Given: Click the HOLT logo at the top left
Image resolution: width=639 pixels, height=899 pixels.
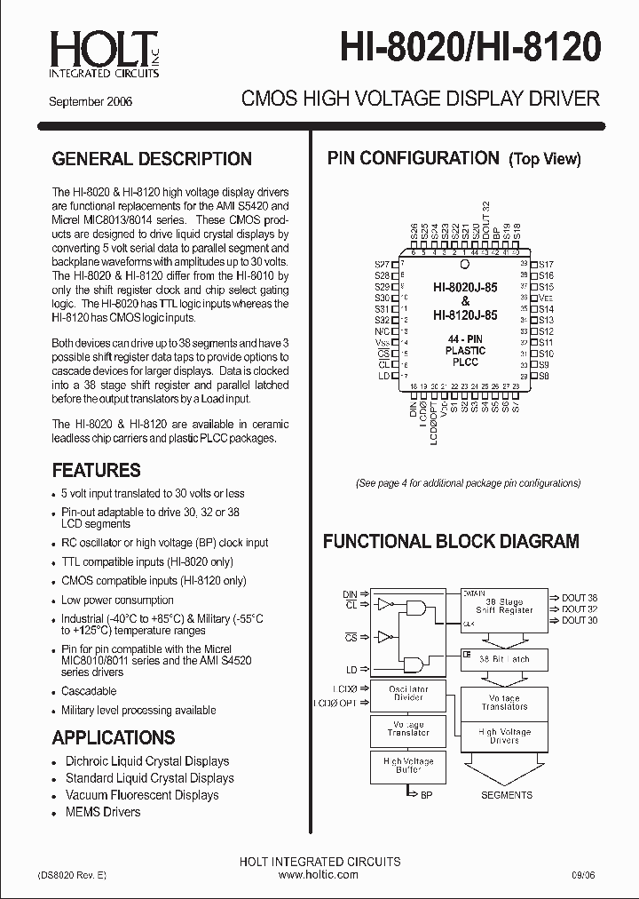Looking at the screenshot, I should (x=105, y=53).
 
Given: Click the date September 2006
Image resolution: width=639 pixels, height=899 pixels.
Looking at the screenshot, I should (x=91, y=101).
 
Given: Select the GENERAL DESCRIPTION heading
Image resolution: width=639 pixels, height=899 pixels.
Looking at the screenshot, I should (x=152, y=159).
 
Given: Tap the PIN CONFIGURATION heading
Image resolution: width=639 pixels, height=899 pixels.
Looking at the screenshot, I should (x=413, y=158).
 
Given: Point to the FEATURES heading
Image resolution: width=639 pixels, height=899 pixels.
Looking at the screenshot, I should (x=96, y=470).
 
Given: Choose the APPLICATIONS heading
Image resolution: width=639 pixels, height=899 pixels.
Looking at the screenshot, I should (x=113, y=737).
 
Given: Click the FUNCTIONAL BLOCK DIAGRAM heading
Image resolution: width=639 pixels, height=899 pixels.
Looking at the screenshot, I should (x=451, y=541).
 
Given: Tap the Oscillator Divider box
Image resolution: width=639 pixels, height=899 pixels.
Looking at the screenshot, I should (x=408, y=693).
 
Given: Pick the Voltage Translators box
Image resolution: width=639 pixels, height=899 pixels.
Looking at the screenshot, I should (x=503, y=702).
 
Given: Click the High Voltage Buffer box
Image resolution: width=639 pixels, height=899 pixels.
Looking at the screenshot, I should (x=408, y=766).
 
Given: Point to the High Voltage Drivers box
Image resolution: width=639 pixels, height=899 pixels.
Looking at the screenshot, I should (x=503, y=736).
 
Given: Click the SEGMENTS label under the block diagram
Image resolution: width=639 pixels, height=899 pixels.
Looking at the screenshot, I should (x=507, y=795).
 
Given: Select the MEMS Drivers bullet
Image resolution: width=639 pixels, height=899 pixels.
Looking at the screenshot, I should (x=102, y=812).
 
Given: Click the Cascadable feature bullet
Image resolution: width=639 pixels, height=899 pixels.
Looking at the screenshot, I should (x=89, y=691).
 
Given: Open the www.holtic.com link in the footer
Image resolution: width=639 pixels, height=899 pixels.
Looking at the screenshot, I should (x=319, y=874).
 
